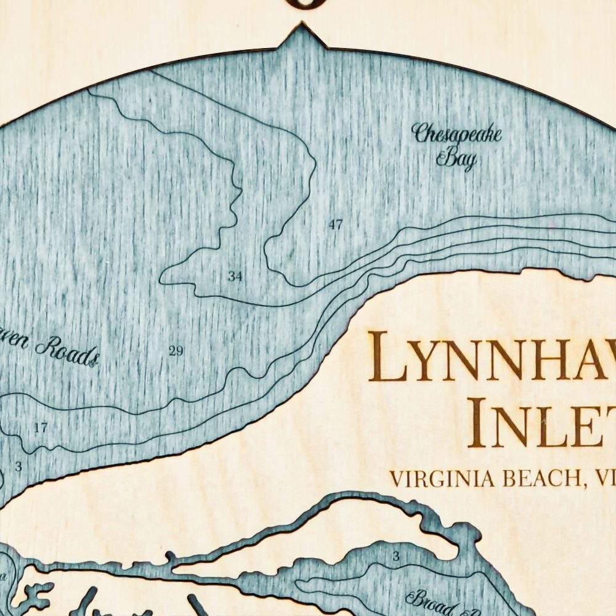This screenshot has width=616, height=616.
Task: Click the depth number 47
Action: pyautogui.click(x=335, y=225)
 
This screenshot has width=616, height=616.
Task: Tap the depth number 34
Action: pyautogui.click(x=234, y=277)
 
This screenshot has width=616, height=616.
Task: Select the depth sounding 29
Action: pyautogui.click(x=176, y=351)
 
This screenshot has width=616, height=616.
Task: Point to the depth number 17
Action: pyautogui.click(x=41, y=427)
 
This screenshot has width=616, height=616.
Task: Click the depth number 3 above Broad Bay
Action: pyautogui.click(x=396, y=557)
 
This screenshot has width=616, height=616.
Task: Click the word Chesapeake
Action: pyautogui.click(x=457, y=134)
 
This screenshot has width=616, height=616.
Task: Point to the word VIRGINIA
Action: pyautogui.click(x=434, y=479)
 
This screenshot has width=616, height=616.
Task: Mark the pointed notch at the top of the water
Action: pyautogui.click(x=302, y=30)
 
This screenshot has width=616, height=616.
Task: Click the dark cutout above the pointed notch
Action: pyautogui.click(x=302, y=4)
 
